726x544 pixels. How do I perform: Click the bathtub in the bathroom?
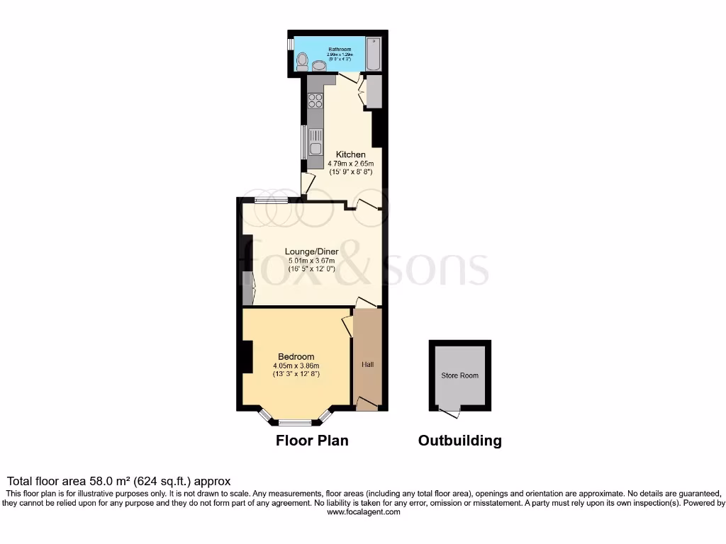click(x=373, y=54)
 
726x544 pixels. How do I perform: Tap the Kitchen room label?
click(x=351, y=154)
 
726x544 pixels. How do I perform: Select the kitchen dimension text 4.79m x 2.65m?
click(x=351, y=164)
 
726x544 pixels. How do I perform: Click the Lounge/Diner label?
click(x=311, y=251)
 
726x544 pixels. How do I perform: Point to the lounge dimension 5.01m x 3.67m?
click(x=311, y=261)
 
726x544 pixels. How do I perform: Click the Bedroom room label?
click(x=296, y=356)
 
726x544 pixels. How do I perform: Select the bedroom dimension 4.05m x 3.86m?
click(x=296, y=365)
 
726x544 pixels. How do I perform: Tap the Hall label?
click(x=368, y=365)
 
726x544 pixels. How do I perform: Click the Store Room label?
click(x=459, y=375)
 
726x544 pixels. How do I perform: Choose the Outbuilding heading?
click(x=459, y=441)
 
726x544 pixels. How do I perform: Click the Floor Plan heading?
click(x=312, y=441)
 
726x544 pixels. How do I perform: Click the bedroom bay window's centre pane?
click(x=295, y=423)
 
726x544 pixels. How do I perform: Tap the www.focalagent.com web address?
click(x=363, y=512)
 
